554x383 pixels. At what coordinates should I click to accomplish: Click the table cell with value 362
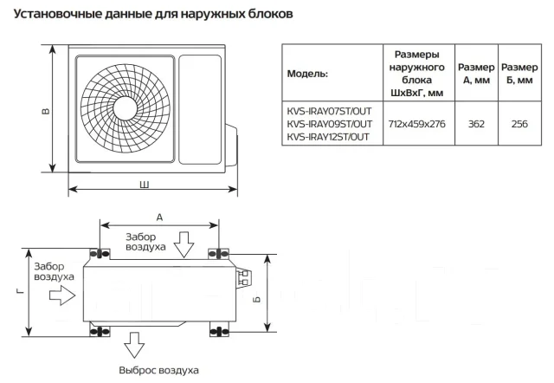(476, 124)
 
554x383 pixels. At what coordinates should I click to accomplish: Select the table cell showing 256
(519, 124)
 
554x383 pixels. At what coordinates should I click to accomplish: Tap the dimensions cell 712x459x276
(417, 124)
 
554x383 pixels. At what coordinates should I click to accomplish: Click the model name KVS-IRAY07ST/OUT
(329, 112)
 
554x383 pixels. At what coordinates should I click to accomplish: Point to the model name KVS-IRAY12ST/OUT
(328, 137)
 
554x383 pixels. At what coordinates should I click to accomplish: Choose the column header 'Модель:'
(307, 74)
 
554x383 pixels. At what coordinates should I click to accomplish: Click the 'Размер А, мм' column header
(476, 74)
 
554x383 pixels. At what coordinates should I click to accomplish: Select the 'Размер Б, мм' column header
(519, 74)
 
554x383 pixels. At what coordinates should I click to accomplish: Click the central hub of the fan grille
(125, 108)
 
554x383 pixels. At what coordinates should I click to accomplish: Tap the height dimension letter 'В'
(46, 111)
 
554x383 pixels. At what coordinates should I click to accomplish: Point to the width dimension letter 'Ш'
(145, 185)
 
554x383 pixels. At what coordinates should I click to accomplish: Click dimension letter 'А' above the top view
(159, 217)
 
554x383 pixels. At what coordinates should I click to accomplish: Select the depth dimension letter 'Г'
(21, 291)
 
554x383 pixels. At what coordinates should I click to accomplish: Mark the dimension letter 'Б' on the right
(257, 299)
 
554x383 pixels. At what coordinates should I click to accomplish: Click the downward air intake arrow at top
(184, 244)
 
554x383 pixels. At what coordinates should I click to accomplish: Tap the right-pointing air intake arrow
(62, 295)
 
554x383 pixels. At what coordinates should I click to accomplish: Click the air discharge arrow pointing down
(134, 345)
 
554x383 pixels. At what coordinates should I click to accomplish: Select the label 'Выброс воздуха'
(158, 370)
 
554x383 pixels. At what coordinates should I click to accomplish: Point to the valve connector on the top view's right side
(245, 277)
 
